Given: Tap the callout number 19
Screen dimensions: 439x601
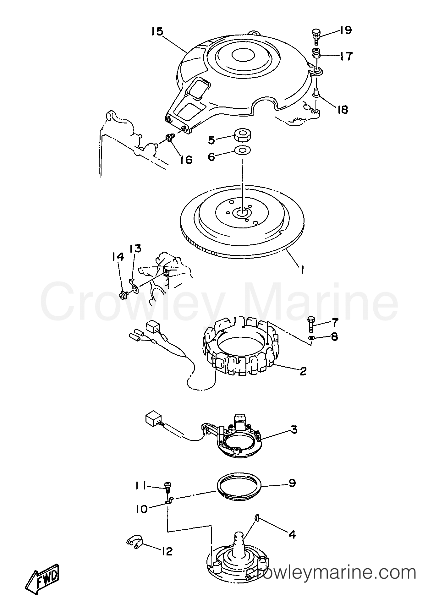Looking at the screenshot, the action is tap(345, 30).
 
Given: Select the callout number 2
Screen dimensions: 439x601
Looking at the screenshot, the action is tap(303, 371).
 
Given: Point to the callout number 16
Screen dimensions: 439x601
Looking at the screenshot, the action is tap(186, 160).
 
